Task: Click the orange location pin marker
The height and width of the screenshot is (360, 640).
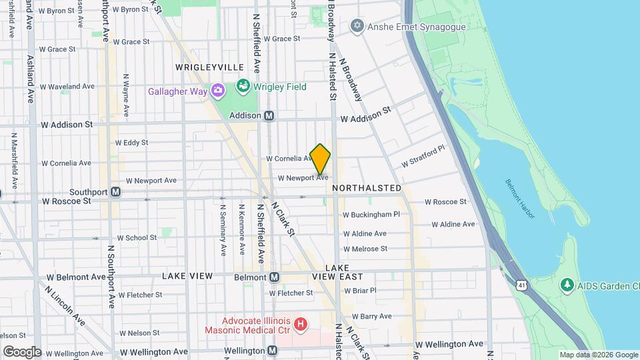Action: pyautogui.click(x=320, y=159)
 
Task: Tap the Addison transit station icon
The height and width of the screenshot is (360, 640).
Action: pyautogui.click(x=269, y=115)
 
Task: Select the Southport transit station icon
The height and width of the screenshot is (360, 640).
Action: pyautogui.click(x=115, y=192)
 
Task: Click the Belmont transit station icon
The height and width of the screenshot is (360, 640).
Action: pyautogui.click(x=274, y=277)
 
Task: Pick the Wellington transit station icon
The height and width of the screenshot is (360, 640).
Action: pyautogui.click(x=272, y=350)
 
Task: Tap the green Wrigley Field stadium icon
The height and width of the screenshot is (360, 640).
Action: pyautogui.click(x=242, y=87)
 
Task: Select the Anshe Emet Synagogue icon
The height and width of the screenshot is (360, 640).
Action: pyautogui.click(x=357, y=26)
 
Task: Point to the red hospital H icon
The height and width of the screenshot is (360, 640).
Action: pyautogui.click(x=301, y=325)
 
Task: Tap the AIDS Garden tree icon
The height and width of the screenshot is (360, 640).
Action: pyautogui.click(x=567, y=285)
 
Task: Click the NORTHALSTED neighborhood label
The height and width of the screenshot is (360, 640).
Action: pyautogui.click(x=367, y=188)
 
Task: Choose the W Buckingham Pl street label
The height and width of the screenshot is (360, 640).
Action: pyautogui.click(x=371, y=215)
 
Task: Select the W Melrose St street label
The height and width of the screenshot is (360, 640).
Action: pyautogui.click(x=365, y=249)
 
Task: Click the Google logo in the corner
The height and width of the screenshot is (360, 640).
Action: pyautogui.click(x=22, y=351)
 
